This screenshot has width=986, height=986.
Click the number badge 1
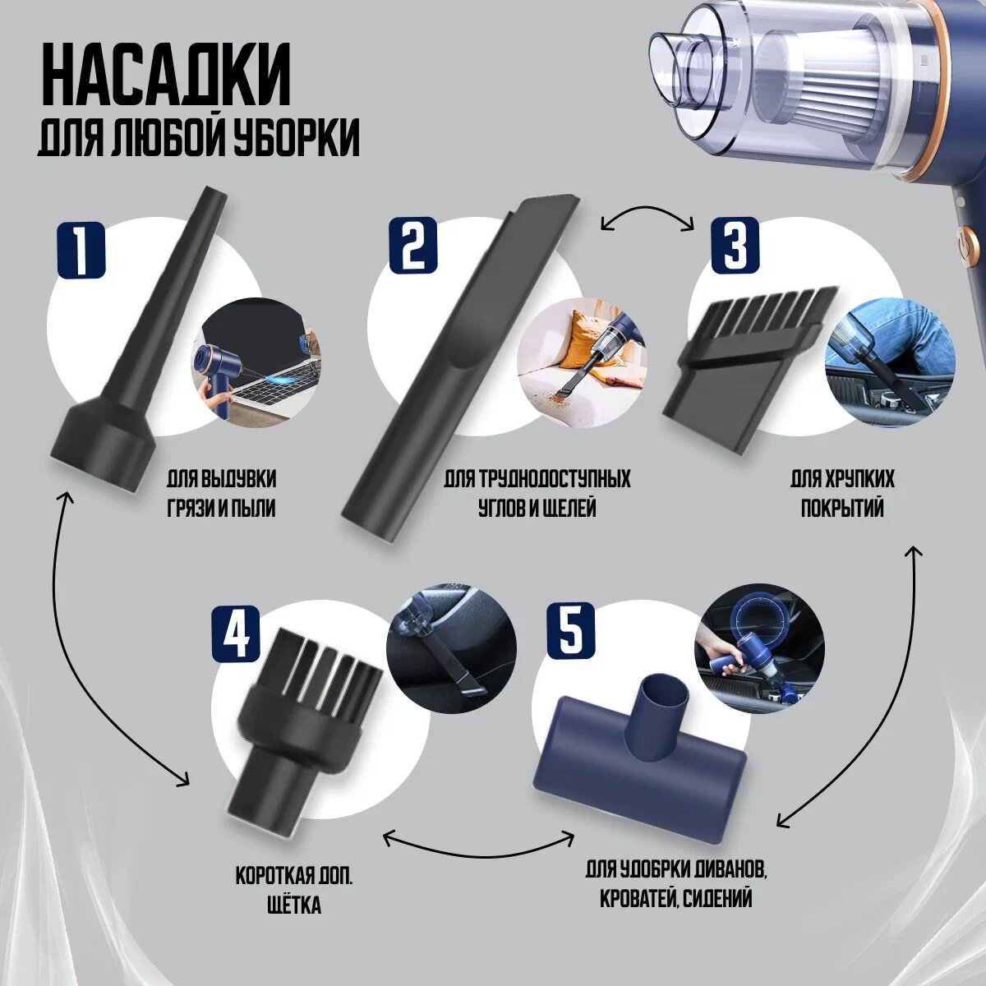click(x=81, y=251)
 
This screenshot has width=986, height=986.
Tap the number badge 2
click(x=413, y=243)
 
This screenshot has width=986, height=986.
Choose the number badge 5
click(x=570, y=628)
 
